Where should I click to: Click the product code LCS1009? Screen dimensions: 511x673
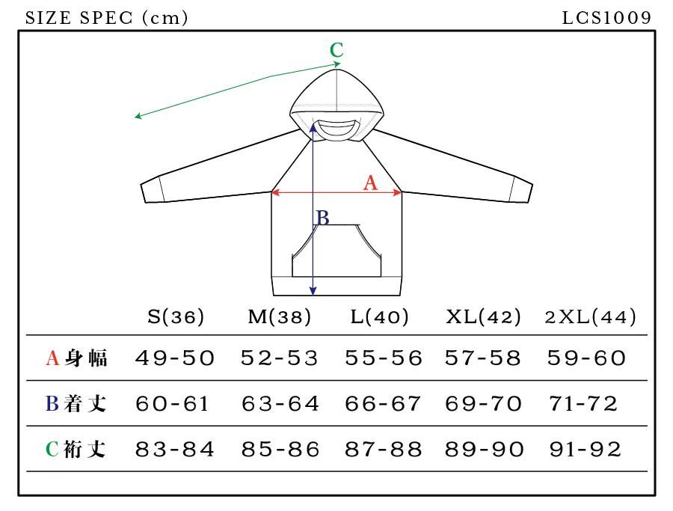tap(606, 17)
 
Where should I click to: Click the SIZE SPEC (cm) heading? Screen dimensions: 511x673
tap(106, 17)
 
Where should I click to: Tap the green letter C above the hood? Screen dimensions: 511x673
tap(336, 50)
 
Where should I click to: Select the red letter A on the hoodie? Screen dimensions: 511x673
tap(369, 182)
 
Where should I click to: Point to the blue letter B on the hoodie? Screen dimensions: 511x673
tap(322, 218)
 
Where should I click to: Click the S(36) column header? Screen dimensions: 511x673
tap(175, 316)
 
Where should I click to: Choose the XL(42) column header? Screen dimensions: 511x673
tap(482, 316)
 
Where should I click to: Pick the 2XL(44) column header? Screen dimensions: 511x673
tap(590, 316)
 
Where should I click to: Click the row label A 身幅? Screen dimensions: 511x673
tap(76, 358)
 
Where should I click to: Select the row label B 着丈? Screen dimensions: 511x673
tap(76, 404)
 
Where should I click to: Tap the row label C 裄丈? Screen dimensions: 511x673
tap(76, 449)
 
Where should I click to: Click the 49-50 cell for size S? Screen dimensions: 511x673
tap(175, 358)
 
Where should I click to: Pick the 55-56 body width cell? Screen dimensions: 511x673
tap(383, 358)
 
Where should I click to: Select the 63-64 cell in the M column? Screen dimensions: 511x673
tap(280, 404)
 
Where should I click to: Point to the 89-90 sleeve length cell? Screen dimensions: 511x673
tap(484, 449)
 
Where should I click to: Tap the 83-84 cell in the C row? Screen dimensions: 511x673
tap(175, 449)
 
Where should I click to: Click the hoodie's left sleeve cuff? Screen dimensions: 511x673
tap(153, 190)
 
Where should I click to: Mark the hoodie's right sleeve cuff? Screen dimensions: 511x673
tap(520, 190)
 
